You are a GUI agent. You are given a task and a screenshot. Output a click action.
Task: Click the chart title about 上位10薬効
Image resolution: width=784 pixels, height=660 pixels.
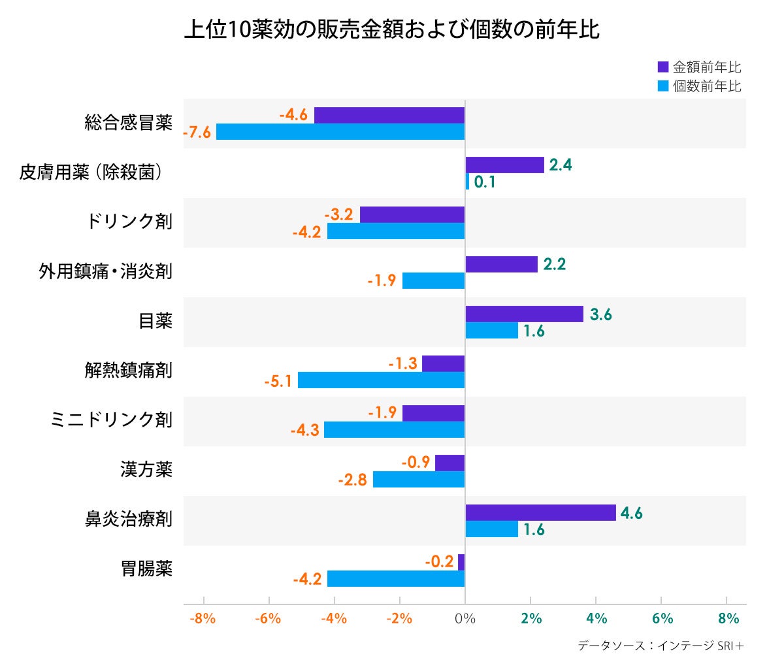391,30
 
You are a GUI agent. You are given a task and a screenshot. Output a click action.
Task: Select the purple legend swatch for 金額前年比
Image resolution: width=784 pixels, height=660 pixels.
663,67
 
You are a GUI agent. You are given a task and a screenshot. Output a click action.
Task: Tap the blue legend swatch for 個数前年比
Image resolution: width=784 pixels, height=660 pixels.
663,86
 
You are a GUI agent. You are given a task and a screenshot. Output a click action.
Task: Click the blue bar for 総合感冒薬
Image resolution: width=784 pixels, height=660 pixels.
340,131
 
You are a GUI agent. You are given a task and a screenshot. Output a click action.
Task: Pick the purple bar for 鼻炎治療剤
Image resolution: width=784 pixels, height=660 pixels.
540,513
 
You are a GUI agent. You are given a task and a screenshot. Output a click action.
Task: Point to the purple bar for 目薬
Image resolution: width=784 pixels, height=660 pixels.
524,314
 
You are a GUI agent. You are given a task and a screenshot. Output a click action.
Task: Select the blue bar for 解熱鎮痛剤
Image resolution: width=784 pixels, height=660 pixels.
381,380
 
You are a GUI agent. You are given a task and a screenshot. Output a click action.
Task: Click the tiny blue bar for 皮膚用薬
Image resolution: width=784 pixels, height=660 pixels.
467,182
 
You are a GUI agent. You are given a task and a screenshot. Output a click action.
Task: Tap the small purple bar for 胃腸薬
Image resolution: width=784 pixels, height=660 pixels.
461,562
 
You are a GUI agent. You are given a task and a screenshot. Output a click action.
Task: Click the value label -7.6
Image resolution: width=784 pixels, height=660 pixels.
197,132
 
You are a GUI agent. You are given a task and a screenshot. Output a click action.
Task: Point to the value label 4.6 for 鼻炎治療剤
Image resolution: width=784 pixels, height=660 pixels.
631,514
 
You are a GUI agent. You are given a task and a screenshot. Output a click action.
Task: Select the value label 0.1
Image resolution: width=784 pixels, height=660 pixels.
484,182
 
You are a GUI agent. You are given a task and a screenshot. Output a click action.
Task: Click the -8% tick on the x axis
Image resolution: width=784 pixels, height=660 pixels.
203,618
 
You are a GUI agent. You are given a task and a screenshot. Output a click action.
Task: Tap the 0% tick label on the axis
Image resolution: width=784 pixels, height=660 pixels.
465,618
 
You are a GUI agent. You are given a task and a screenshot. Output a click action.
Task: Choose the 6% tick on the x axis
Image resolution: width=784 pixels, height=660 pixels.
661,618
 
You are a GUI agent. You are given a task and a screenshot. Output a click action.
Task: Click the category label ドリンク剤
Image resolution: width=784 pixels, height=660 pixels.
129,221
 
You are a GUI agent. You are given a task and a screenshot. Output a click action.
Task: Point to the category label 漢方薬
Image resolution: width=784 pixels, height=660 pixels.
146,469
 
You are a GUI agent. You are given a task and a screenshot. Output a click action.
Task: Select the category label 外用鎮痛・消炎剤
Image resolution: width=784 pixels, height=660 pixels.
105,271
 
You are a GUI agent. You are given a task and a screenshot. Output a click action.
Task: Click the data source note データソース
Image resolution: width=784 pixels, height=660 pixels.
661,646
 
